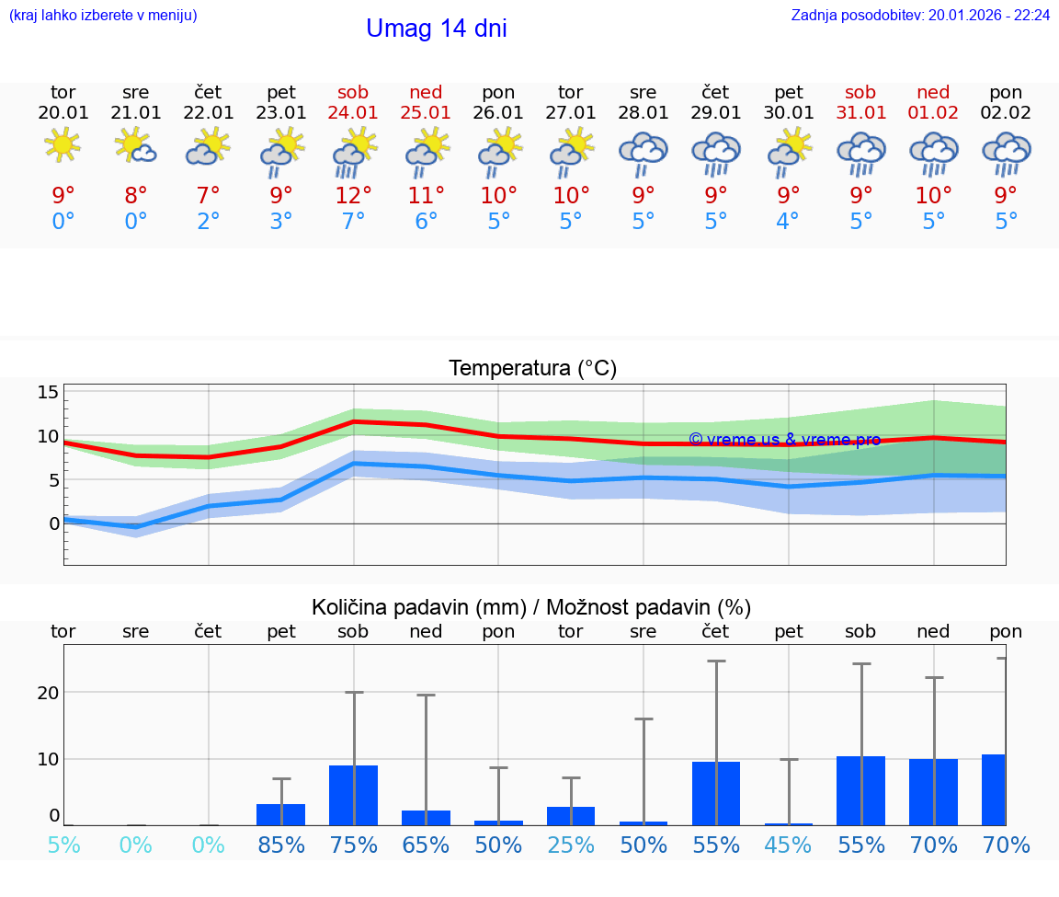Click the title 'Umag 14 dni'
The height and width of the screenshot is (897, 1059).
[x=436, y=29]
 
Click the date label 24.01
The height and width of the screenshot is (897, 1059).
[x=353, y=112]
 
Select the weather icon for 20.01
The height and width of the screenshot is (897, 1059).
[x=63, y=145]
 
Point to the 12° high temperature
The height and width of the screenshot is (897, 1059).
[x=353, y=195]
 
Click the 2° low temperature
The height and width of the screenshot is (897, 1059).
[x=209, y=222]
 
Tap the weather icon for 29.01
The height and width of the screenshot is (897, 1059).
[x=716, y=152]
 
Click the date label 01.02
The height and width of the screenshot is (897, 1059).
[x=933, y=112]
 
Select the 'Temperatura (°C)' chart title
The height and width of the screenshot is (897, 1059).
[x=532, y=369]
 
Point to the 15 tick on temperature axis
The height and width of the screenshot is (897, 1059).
[x=48, y=393]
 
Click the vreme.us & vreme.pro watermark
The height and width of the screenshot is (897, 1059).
[x=784, y=440]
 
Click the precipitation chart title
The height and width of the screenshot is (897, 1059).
[x=530, y=607]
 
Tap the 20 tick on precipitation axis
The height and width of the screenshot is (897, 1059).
[x=48, y=693]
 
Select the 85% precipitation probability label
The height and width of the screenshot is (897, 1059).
[x=280, y=845]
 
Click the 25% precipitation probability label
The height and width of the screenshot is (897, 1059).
[x=571, y=845]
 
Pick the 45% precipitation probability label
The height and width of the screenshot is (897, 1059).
[x=788, y=845]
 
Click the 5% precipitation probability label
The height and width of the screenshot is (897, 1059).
[x=63, y=845]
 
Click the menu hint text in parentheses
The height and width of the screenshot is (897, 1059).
[x=102, y=15]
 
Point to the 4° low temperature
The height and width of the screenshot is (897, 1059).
[x=788, y=222]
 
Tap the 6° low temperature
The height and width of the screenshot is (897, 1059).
[x=426, y=222]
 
